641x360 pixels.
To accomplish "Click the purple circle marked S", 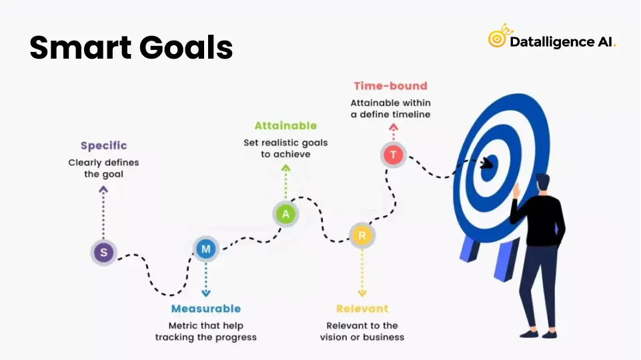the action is tap(104, 252).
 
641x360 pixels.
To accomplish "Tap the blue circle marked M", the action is tap(206, 249).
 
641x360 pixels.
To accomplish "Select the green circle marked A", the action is tap(285, 214).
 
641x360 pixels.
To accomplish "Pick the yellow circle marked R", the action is tap(362, 235).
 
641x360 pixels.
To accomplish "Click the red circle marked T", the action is tap(394, 155).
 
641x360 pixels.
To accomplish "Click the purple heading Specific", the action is tap(104, 145).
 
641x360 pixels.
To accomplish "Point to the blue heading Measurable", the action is tap(206, 309).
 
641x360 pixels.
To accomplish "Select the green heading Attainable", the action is tap(285, 125).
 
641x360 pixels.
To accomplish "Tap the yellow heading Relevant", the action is tap(362, 309).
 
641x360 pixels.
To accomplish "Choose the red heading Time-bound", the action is tap(390, 86).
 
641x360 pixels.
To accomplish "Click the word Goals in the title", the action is tap(186, 47).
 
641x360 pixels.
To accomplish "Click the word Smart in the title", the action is tap(80, 47).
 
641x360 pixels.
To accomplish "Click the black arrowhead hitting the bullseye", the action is tap(487, 164).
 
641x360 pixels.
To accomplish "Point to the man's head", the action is tap(543, 183).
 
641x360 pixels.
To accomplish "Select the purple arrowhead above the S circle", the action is tap(103, 189).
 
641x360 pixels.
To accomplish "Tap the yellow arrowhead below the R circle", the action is tap(362, 293).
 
